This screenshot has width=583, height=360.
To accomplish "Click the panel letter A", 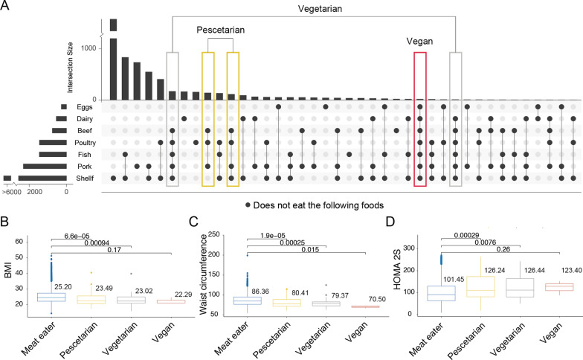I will click(x=7, y=7).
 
